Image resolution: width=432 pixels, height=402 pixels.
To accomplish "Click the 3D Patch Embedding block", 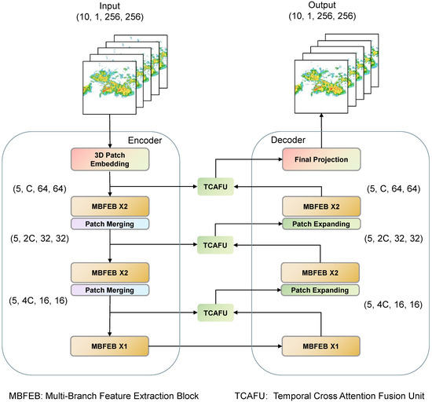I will [x=110, y=160].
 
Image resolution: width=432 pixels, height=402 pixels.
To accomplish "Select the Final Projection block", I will [x=321, y=160].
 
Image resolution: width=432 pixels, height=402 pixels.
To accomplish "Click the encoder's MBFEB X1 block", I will [x=110, y=345].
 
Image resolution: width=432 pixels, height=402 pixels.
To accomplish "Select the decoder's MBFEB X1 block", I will [x=321, y=345].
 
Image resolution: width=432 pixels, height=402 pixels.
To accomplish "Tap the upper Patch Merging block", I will [x=110, y=224].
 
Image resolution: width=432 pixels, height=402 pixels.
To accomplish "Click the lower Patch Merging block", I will [x=110, y=291].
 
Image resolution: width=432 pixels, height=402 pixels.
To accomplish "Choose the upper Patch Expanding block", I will [x=321, y=224].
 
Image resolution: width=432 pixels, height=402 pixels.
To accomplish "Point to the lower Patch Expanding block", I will [x=321, y=291].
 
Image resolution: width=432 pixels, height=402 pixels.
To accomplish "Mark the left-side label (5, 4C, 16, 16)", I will [x=38, y=301].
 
